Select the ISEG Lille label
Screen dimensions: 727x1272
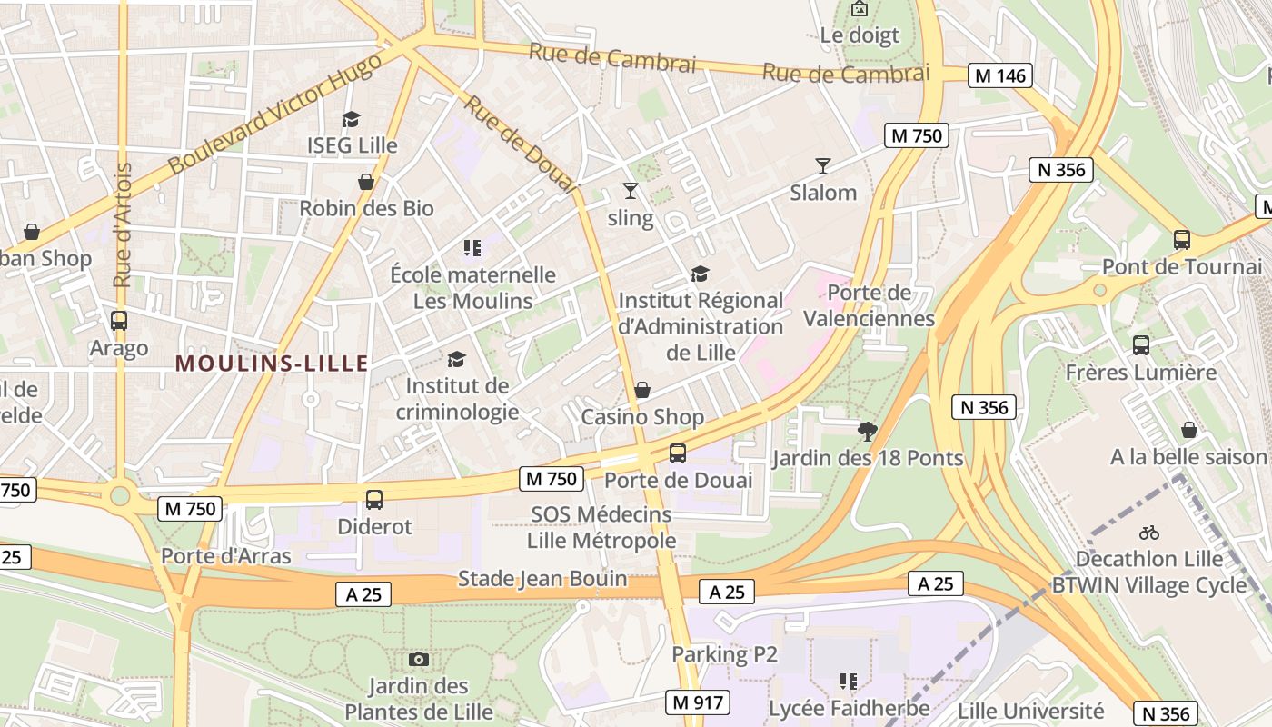[352, 145]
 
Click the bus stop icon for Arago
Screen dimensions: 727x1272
[118, 321]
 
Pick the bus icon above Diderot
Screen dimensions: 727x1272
[374, 499]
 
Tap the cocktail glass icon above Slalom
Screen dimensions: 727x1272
[823, 165]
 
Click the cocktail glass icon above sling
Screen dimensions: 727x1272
[631, 191]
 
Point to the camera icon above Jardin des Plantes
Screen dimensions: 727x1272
[419, 659]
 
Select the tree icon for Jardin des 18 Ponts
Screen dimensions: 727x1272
[868, 431]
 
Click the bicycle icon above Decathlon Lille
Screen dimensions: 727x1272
[1149, 533]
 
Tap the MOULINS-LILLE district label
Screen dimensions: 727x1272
[272, 364]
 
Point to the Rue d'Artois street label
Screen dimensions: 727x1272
[123, 225]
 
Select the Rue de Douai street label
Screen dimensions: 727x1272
[521, 144]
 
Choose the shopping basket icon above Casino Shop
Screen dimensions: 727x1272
[642, 390]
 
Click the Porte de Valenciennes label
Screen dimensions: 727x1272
[869, 305]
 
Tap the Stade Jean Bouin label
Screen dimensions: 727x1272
[542, 579]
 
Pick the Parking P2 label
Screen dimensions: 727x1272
[724, 654]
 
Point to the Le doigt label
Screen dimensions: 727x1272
[860, 35]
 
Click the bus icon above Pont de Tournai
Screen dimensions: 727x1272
[1182, 240]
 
